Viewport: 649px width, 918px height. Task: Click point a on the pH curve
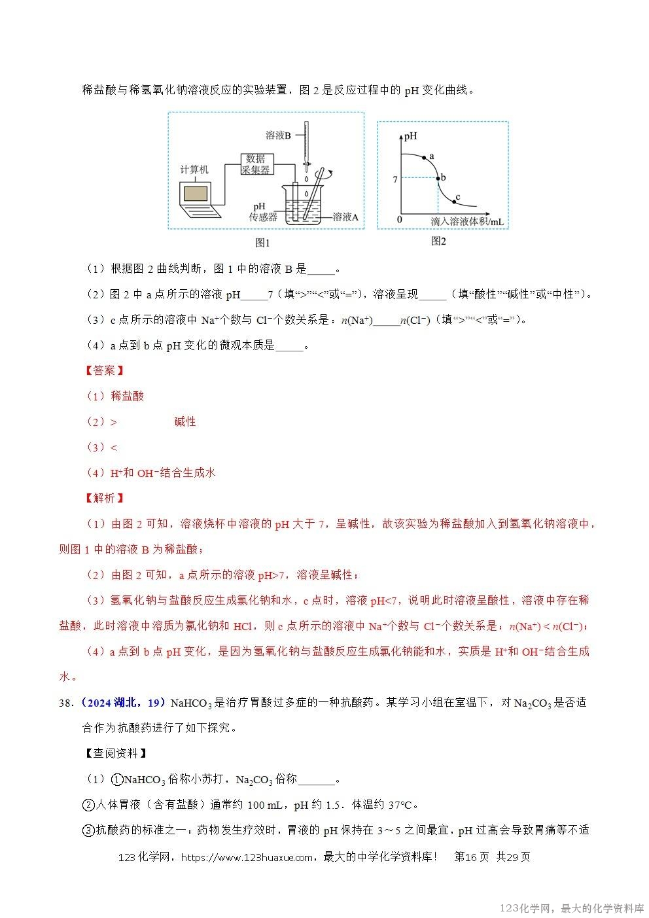pyautogui.click(x=425, y=158)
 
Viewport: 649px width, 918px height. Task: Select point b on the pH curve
pyautogui.click(x=438, y=177)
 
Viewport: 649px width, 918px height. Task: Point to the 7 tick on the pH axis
pyautogui.click(x=395, y=178)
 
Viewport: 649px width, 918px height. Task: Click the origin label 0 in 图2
pyautogui.click(x=400, y=220)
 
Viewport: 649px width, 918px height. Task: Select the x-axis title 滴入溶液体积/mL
pyautogui.click(x=467, y=222)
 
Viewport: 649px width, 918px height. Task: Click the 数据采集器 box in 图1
pyautogui.click(x=256, y=164)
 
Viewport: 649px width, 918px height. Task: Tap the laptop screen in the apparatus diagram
pyautogui.click(x=196, y=194)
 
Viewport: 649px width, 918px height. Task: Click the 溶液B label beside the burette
pyautogui.click(x=278, y=135)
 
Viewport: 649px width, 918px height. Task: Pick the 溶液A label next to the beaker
pyautogui.click(x=345, y=217)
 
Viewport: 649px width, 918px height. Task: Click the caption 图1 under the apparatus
pyautogui.click(x=262, y=243)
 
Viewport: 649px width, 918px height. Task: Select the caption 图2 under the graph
pyautogui.click(x=438, y=241)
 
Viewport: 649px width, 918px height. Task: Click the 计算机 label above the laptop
pyautogui.click(x=194, y=169)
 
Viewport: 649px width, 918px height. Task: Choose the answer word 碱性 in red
pyautogui.click(x=185, y=421)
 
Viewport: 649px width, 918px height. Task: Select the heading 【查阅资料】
pyautogui.click(x=116, y=753)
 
